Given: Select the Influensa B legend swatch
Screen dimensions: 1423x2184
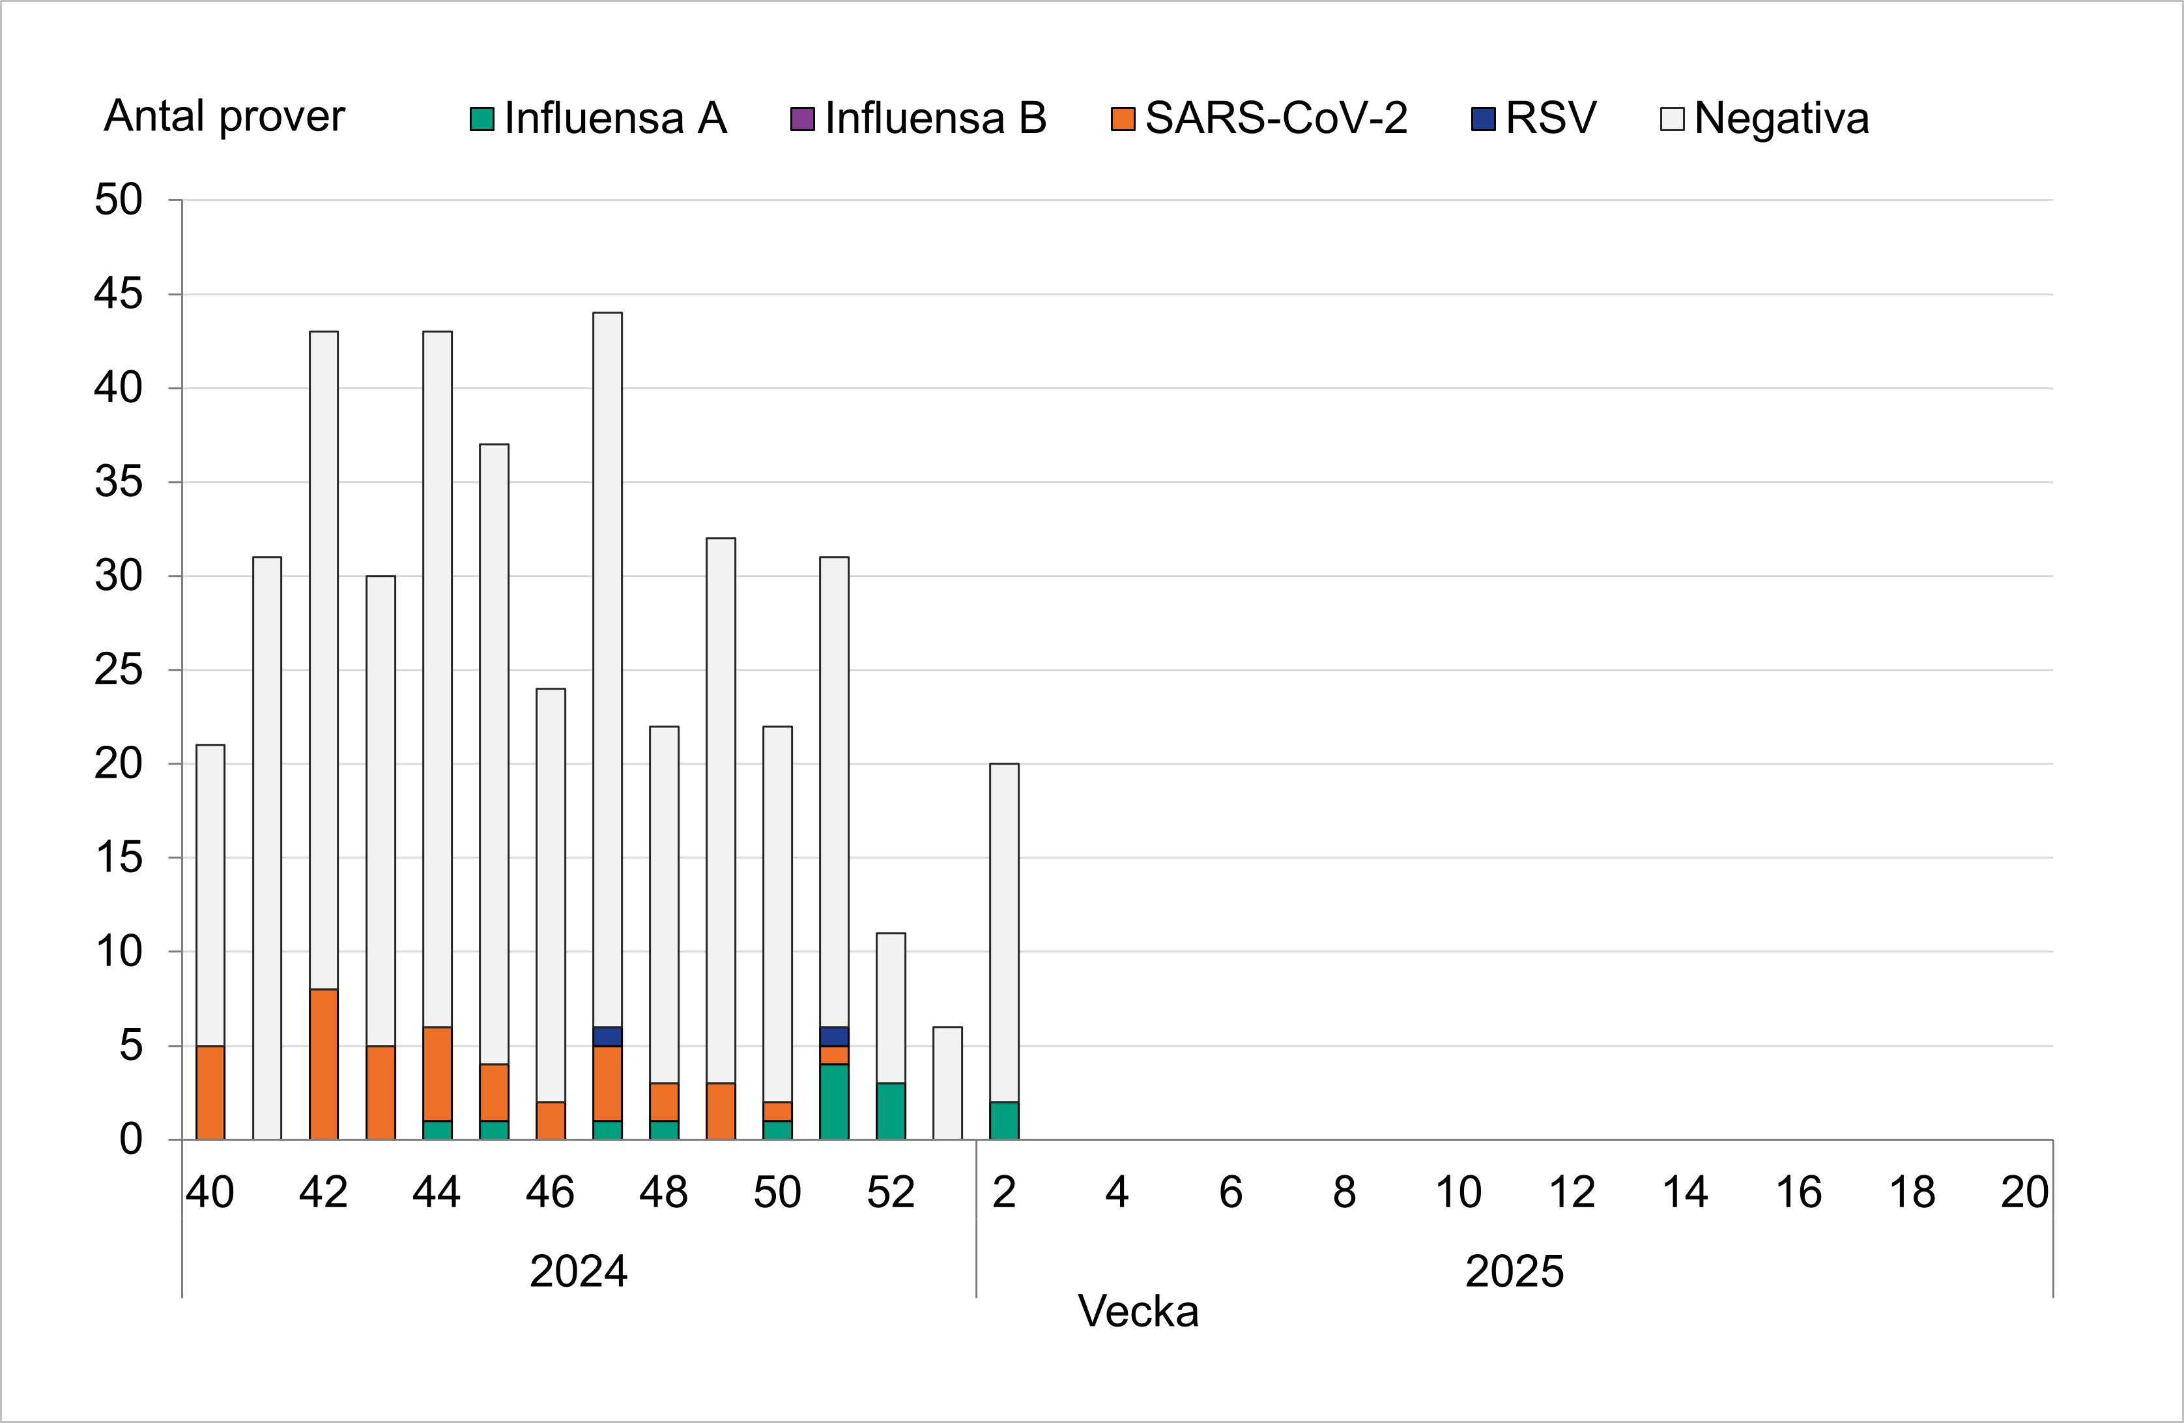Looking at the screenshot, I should [802, 119].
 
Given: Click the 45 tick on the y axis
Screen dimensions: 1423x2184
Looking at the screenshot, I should [119, 295].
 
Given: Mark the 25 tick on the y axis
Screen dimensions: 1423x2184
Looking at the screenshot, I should [119, 670].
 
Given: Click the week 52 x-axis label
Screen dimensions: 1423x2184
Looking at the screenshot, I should [890, 1192].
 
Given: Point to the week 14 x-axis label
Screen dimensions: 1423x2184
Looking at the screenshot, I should [1685, 1192].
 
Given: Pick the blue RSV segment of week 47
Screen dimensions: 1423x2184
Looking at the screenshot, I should [607, 1036].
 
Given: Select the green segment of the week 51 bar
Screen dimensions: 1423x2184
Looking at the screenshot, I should [834, 1102].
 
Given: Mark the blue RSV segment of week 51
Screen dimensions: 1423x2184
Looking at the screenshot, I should [834, 1036].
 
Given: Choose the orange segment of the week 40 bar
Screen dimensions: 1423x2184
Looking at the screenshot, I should [210, 1093].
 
